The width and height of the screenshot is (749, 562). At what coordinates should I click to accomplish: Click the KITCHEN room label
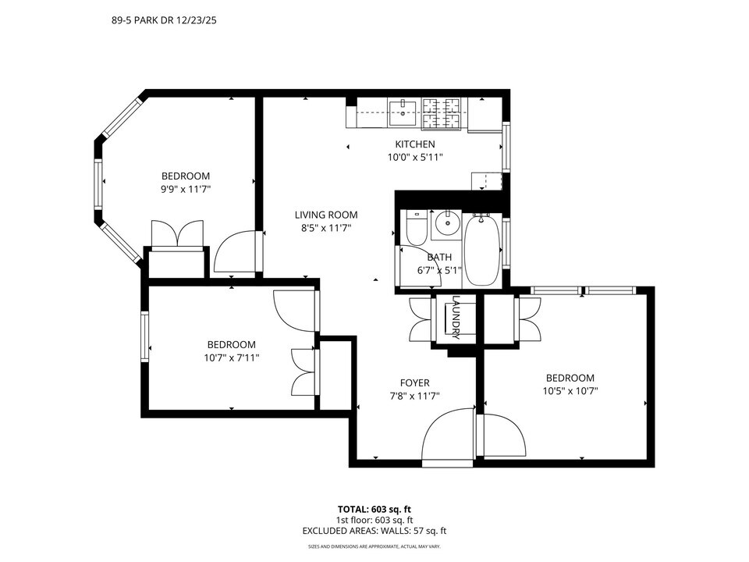click(x=414, y=144)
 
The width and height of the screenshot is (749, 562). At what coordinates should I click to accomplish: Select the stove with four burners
click(x=444, y=113)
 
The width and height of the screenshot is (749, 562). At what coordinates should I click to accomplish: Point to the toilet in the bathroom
click(x=416, y=228)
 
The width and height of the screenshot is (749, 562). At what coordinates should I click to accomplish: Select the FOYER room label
click(x=414, y=382)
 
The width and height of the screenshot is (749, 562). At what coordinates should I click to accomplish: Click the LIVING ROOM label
click(x=325, y=215)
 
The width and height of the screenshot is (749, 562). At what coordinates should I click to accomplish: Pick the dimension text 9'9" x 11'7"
click(x=186, y=189)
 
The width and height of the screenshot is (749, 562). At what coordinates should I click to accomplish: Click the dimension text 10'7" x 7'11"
click(x=231, y=357)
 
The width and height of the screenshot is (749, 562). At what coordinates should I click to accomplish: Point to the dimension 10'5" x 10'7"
click(x=570, y=390)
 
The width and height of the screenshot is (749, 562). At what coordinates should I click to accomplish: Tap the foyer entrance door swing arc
click(x=447, y=437)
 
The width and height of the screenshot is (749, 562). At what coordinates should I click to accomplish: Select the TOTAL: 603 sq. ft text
click(x=374, y=507)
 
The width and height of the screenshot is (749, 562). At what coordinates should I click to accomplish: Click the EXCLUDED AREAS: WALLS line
click(x=374, y=531)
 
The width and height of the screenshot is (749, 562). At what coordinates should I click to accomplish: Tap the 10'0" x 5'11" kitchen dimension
click(x=414, y=157)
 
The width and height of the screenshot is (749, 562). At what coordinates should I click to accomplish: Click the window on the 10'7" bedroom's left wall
click(x=144, y=336)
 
